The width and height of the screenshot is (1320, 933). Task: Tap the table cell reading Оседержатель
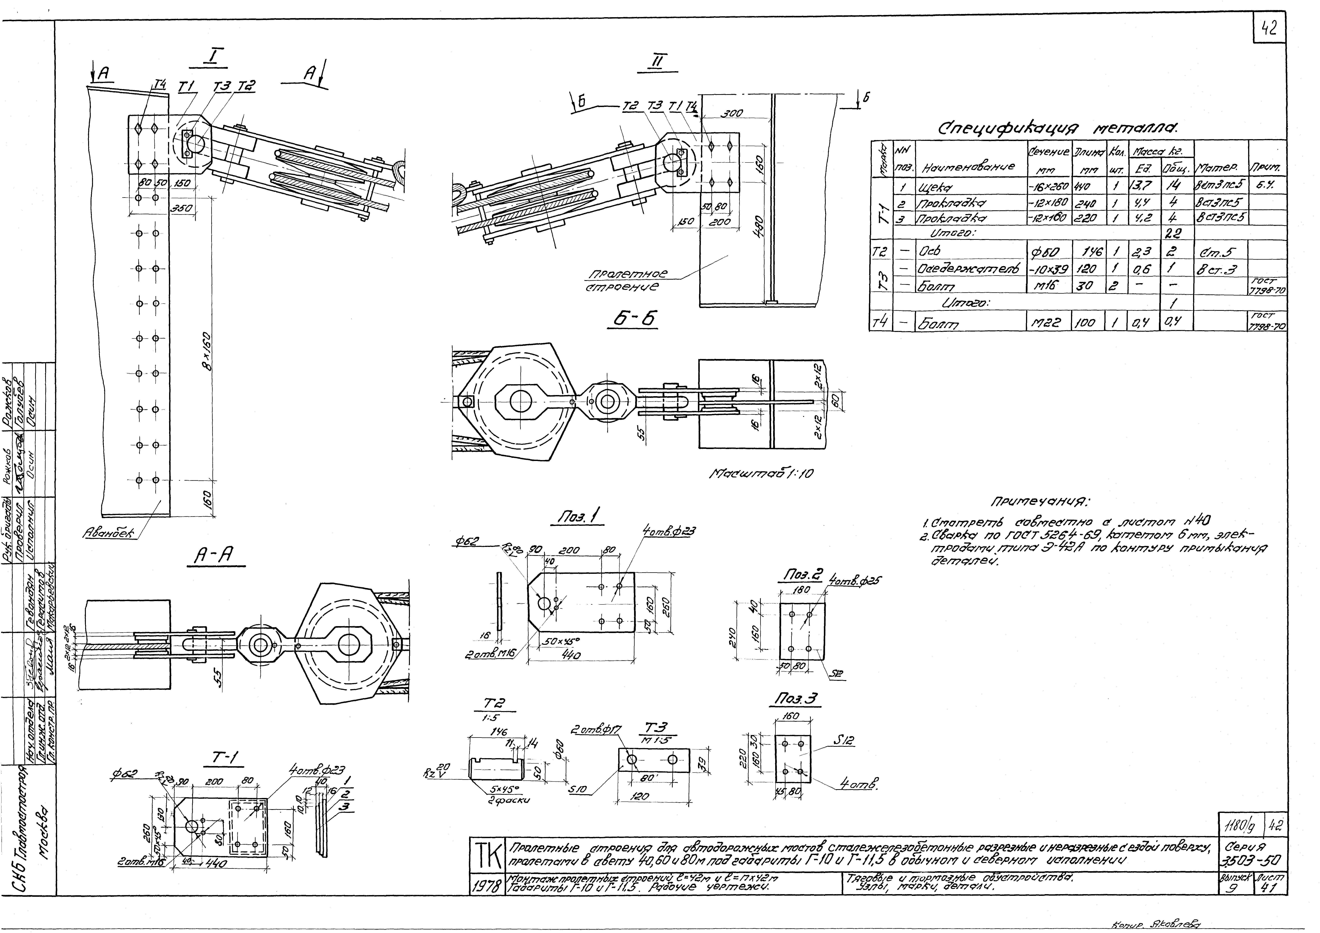click(x=969, y=269)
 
